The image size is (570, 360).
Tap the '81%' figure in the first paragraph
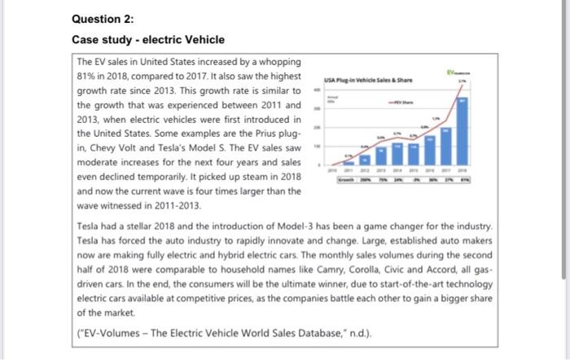coord(87,77)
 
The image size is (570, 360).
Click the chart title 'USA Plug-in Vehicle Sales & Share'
coord(367,77)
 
